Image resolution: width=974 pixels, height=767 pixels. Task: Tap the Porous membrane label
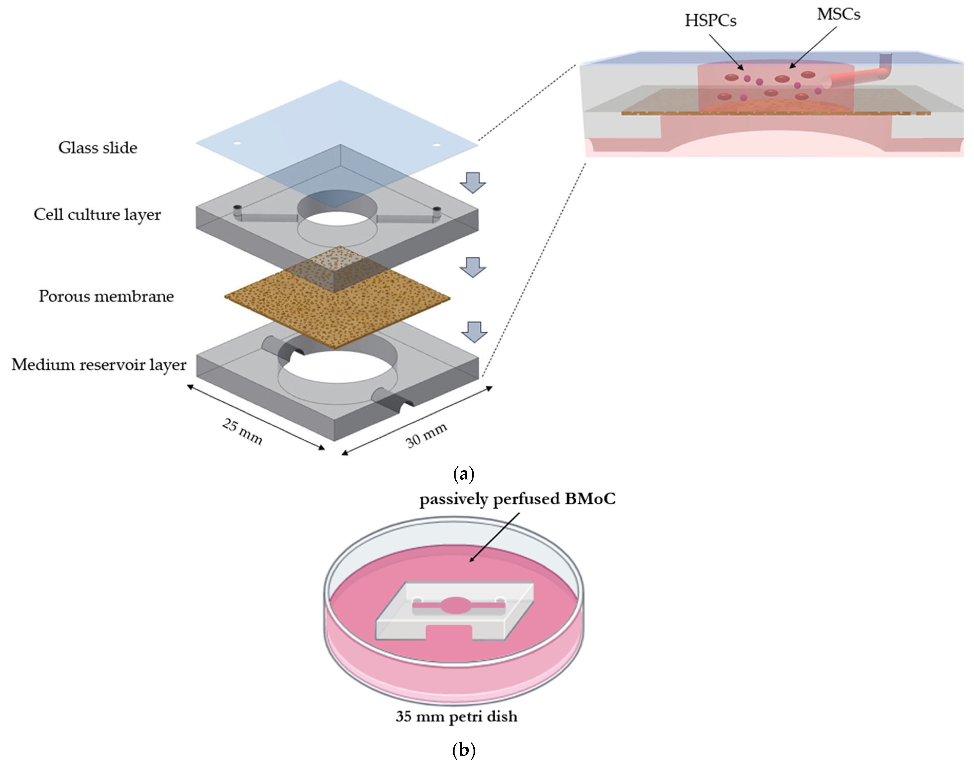click(106, 296)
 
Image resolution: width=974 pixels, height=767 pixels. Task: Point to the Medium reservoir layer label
click(99, 365)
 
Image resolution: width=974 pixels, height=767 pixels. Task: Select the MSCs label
click(838, 15)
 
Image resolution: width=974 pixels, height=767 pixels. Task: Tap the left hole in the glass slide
click(237, 144)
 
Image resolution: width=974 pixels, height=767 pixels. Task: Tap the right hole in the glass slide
click(436, 145)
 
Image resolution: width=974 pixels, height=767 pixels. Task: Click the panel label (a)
click(464, 474)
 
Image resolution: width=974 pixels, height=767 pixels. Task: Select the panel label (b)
click(464, 750)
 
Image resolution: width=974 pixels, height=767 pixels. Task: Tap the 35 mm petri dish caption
click(456, 716)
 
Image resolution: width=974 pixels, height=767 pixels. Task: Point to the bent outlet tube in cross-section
click(884, 67)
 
